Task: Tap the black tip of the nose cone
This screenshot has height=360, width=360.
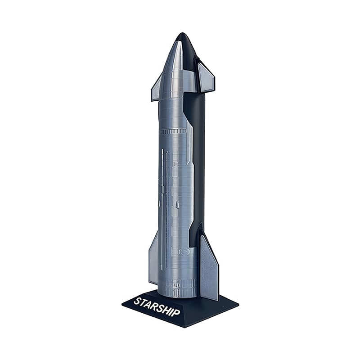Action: coord(181,36)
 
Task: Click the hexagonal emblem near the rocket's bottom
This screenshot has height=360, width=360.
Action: coord(184,252)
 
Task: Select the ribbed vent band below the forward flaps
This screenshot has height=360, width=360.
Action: coord(173,132)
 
